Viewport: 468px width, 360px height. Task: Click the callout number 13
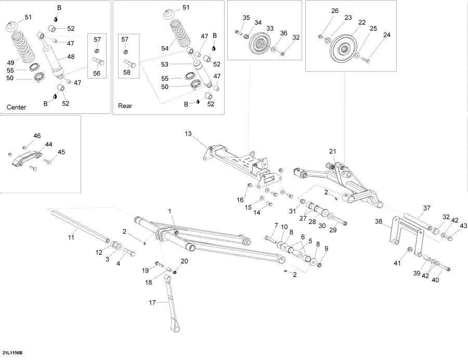pyautogui.click(x=188, y=134)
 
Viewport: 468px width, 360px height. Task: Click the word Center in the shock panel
pyautogui.click(x=17, y=108)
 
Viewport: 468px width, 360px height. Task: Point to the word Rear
pyautogui.click(x=125, y=105)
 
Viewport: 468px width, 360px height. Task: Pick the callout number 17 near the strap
pyautogui.click(x=152, y=302)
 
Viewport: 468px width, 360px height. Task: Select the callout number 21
pyautogui.click(x=332, y=151)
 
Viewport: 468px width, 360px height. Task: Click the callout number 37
pyautogui.click(x=426, y=208)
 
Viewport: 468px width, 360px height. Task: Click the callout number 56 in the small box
pyautogui.click(x=97, y=73)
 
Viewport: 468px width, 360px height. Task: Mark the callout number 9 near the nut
pyautogui.click(x=326, y=249)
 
